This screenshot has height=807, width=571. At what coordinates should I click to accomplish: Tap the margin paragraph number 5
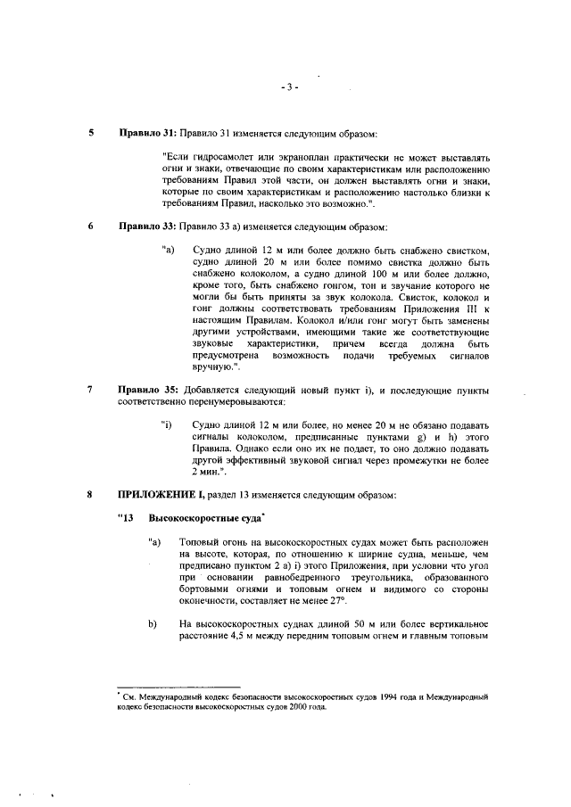(x=90, y=133)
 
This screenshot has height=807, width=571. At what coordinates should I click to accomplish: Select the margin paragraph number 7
(x=90, y=390)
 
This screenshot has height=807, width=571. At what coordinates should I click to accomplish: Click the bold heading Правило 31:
(x=147, y=133)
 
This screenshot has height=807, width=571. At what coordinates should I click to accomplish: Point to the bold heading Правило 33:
(x=147, y=226)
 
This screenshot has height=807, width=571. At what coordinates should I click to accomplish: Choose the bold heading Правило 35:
(x=147, y=390)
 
